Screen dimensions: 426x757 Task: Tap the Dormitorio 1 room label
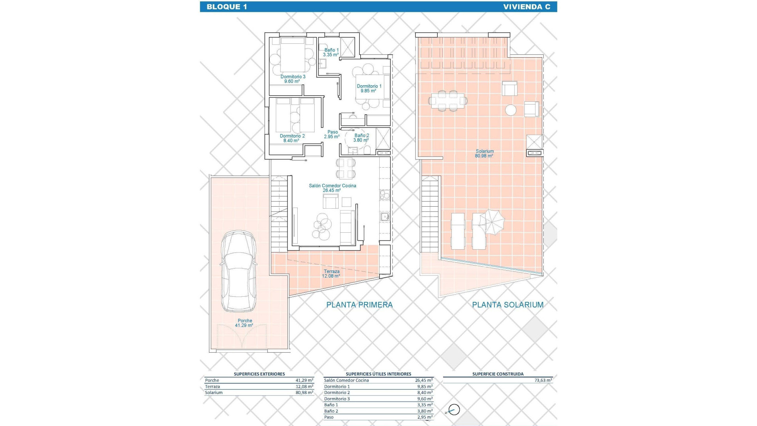point(369,88)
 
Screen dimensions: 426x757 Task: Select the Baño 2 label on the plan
point(361,138)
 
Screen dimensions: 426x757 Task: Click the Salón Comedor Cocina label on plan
point(332,188)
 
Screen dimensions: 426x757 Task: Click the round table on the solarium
point(511,110)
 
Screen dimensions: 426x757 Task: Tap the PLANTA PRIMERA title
point(359,305)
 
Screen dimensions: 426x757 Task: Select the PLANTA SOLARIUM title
point(508,305)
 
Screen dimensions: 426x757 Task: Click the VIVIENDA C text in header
point(526,7)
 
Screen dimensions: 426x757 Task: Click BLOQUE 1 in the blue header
point(227,7)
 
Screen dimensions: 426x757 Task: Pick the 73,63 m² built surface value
point(543,381)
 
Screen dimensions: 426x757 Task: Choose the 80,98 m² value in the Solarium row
point(304,393)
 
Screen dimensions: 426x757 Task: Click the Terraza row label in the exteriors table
point(213,387)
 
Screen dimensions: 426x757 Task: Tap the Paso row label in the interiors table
point(329,417)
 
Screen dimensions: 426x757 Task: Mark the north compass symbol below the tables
point(454,410)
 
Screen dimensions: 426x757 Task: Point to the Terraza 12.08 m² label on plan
point(331,274)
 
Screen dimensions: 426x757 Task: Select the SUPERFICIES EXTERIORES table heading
point(259,374)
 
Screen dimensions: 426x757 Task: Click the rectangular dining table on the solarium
point(448,101)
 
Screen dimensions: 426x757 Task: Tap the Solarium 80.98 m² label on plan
point(484,153)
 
